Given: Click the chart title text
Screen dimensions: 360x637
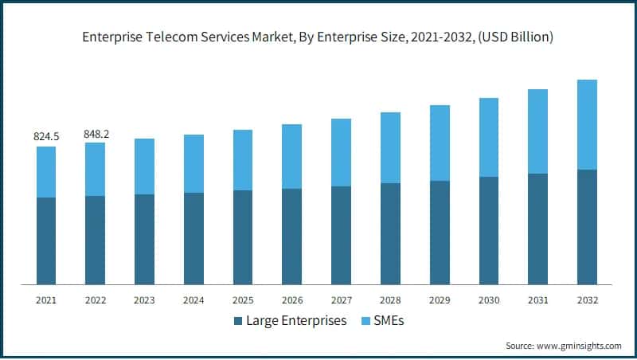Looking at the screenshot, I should (318, 37).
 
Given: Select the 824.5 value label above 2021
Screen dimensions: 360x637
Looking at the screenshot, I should (46, 137).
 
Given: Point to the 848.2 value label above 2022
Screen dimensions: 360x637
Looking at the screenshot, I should (96, 134).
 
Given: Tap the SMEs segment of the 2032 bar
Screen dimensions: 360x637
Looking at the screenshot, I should (587, 124).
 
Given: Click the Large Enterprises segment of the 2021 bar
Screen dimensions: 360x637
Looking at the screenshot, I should (46, 241).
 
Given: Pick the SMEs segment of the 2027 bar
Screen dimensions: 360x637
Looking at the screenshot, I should (341, 152).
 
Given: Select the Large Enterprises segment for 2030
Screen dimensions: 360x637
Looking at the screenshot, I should (488, 230).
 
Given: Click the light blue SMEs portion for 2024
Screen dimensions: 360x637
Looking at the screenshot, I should (193, 163).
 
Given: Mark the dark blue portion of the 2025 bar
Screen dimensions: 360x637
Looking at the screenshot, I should (243, 237).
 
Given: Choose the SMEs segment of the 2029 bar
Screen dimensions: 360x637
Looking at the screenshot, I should (440, 143).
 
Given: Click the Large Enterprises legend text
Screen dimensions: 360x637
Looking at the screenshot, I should (296, 321).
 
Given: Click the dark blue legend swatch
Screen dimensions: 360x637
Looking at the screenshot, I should (238, 322).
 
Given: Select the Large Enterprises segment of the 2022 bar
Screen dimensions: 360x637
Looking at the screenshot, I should (96, 240).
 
